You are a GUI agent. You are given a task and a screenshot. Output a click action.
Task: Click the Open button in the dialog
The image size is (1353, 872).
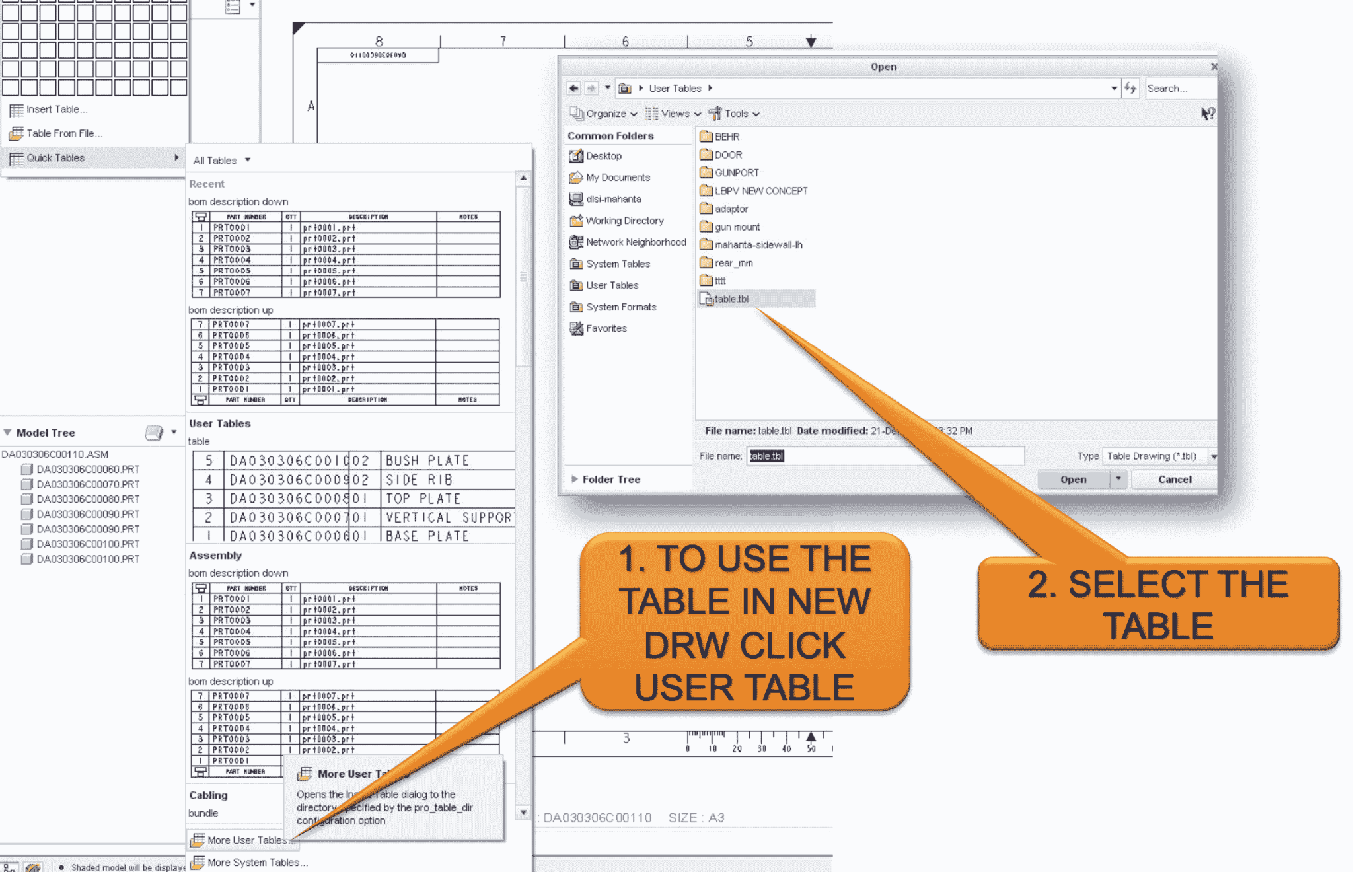1073,480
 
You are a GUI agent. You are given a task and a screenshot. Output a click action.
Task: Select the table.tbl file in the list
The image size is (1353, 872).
731,299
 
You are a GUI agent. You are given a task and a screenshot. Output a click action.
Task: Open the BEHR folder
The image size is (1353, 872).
727,137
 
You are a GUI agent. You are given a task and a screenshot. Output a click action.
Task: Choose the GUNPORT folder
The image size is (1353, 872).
736,173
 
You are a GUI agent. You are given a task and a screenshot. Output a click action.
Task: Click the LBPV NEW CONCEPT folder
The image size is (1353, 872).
760,191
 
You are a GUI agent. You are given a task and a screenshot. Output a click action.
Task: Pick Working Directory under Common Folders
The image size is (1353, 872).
624,221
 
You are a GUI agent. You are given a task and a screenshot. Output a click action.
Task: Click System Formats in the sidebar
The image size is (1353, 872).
621,307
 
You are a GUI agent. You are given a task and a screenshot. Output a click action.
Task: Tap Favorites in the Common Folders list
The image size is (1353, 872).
606,328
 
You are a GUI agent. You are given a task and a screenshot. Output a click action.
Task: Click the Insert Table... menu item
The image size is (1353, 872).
57,110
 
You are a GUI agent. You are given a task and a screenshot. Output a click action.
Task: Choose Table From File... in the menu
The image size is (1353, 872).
64,133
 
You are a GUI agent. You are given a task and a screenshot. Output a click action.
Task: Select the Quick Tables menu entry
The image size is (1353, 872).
55,158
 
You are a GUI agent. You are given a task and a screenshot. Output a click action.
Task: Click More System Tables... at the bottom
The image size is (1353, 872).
257,863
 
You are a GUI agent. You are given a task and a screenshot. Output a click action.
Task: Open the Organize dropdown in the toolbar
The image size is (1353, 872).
605,114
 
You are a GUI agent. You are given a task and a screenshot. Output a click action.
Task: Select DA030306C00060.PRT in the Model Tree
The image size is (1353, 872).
88,470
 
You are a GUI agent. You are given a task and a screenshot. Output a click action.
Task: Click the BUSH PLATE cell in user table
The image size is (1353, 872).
427,460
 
